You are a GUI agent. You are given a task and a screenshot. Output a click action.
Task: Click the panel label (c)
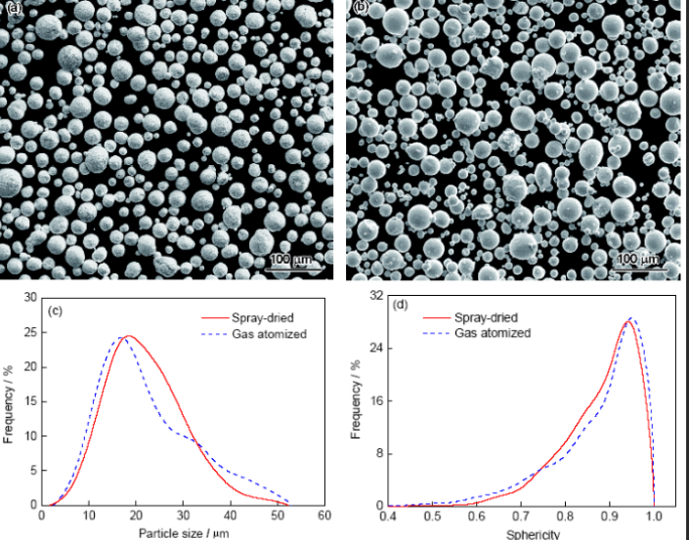coord(56,312)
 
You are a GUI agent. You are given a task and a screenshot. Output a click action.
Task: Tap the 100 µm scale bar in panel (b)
coord(639,261)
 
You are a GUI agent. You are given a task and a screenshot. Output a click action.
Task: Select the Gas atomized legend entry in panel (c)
coord(268,334)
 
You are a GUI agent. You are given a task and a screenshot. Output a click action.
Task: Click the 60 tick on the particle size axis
coord(323,516)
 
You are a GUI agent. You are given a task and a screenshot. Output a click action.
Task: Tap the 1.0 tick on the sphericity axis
coord(654,516)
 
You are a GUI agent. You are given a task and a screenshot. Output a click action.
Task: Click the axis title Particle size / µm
coord(184,533)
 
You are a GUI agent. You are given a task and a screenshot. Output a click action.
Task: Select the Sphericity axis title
coord(533,534)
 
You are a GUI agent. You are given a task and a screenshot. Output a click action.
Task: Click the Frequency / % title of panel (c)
coord(10,401)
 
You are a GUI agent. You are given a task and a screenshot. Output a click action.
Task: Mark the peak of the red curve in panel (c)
coord(128,337)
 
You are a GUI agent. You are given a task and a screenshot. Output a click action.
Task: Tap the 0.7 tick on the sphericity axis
coord(523,516)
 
